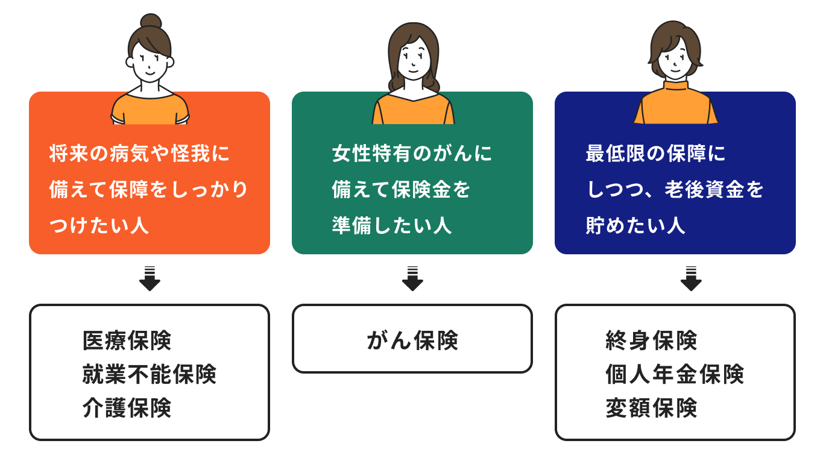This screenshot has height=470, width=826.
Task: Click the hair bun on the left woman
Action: pyautogui.click(x=151, y=21)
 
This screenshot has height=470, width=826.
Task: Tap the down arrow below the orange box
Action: pyautogui.click(x=150, y=278)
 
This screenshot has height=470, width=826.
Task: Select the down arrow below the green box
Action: pyautogui.click(x=412, y=278)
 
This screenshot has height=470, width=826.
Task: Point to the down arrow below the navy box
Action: pyautogui.click(x=691, y=278)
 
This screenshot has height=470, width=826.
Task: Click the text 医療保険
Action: pyautogui.click(x=127, y=340)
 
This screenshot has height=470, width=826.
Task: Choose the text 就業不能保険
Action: pyautogui.click(x=150, y=374)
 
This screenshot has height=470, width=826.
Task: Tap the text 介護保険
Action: pyautogui.click(x=127, y=408)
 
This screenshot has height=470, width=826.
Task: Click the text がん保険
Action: pyautogui.click(x=412, y=340)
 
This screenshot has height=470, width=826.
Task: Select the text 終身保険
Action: pyautogui.click(x=651, y=340)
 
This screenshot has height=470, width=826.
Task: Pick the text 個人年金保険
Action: pyautogui.click(x=675, y=374)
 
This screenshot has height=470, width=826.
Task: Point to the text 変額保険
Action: pyautogui.click(x=651, y=408)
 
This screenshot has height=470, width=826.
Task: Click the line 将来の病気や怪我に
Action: pyautogui.click(x=139, y=153)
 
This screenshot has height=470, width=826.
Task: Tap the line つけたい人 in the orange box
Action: pyautogui.click(x=99, y=225)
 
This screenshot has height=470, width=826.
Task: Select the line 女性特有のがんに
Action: pyautogui.click(x=412, y=153)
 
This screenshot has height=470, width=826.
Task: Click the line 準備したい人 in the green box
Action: pyautogui.click(x=392, y=225)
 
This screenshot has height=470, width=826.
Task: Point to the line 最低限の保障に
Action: pyautogui.click(x=655, y=153)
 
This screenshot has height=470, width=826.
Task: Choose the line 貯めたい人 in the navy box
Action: pyautogui.click(x=635, y=225)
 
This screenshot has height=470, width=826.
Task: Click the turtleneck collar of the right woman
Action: pyautogui.click(x=675, y=86)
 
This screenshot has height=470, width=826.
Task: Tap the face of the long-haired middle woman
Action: pyautogui.click(x=414, y=59)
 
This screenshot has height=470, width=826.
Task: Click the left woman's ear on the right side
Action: pyautogui.click(x=170, y=62)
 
